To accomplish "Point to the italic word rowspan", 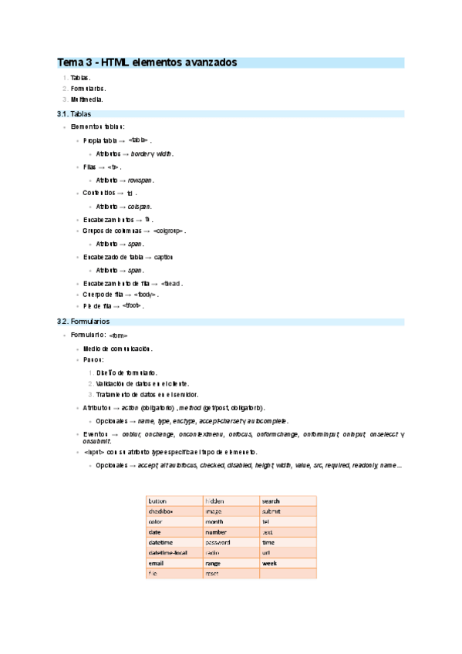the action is (142, 180).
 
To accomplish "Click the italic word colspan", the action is (140, 207).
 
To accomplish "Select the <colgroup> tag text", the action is (169, 231).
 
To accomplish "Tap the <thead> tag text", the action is (170, 283).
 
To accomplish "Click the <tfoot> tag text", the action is (154, 305).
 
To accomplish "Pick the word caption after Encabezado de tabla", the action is (164, 257).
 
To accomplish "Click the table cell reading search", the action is (272, 501).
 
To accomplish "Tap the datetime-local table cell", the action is (167, 552).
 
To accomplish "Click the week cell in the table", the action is (270, 563).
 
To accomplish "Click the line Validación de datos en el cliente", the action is (143, 383).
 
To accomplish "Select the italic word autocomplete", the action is (268, 421).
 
